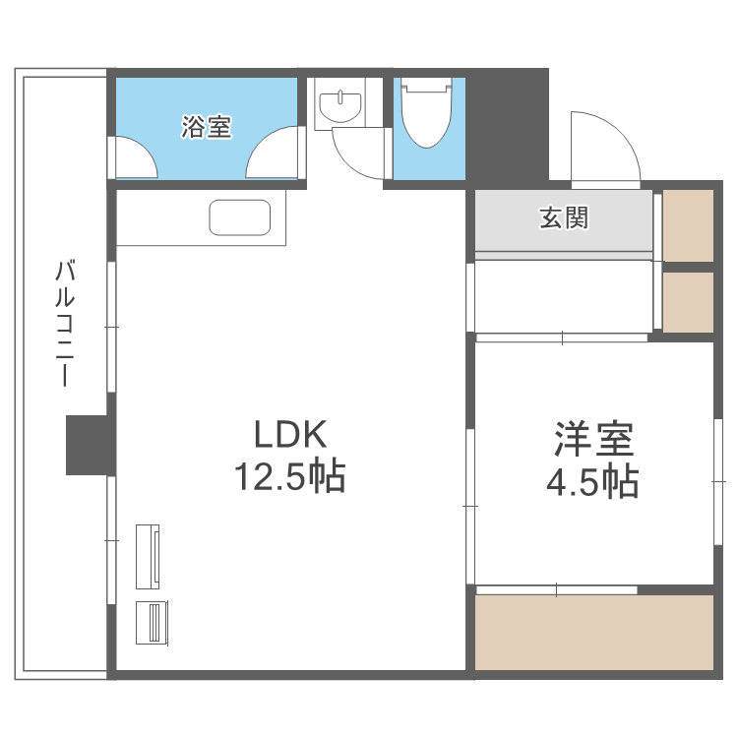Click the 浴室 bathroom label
click(207, 127)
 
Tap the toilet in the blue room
click(425, 116)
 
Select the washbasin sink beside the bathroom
click(340, 104)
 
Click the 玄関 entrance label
click(563, 217)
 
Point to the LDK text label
click(289, 434)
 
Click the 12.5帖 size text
click(289, 477)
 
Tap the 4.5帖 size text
click(592, 482)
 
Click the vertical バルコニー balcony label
click(65, 323)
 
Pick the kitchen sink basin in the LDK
click(240, 217)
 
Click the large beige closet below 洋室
click(594, 631)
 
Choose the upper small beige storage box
click(688, 223)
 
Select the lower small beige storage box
click(688, 302)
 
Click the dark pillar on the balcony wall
click(88, 445)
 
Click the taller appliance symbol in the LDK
click(152, 555)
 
